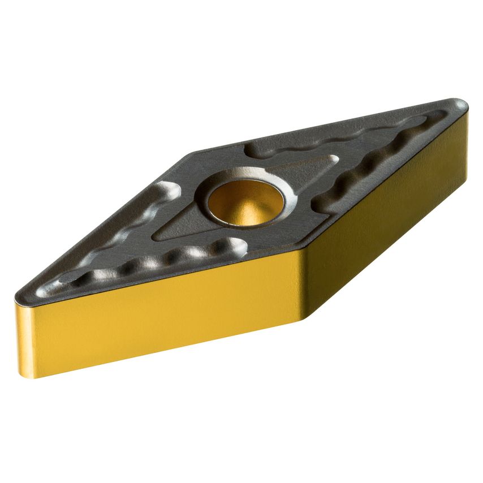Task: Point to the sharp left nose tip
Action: pos(18,295)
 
